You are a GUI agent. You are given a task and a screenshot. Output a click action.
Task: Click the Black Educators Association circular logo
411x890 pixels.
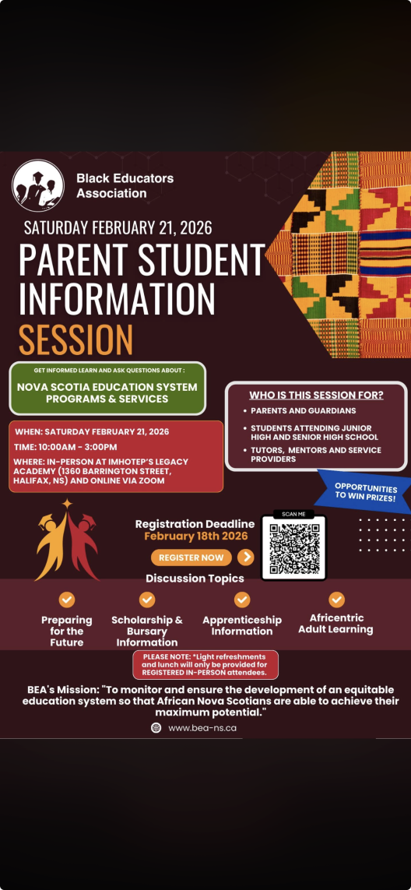[38, 186]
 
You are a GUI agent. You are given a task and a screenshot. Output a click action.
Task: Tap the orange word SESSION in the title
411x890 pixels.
[76, 339]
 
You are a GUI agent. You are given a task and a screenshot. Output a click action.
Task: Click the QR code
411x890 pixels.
[293, 547]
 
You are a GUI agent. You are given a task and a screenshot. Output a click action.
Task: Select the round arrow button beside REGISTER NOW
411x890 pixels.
[246, 557]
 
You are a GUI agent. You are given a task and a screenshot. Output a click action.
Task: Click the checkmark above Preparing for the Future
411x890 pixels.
[67, 600]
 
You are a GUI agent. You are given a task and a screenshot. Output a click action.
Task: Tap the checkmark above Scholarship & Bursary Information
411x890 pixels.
[147, 600]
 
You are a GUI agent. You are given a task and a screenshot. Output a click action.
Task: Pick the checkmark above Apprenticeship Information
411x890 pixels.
[242, 600]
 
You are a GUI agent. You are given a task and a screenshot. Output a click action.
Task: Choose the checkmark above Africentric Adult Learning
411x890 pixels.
[336, 600]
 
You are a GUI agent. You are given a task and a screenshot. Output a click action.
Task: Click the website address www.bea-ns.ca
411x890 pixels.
[202, 728]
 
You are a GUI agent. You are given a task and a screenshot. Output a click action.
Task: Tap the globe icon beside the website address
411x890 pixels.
[156, 728]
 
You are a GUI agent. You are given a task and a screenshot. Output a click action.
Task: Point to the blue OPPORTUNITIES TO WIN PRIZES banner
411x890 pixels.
[364, 491]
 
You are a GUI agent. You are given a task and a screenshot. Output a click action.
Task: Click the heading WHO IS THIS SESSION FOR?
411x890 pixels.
[316, 395]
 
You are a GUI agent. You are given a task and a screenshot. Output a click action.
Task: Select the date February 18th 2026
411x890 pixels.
[195, 536]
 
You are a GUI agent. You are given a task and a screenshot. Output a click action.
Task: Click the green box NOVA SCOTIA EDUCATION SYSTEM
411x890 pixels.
[107, 392]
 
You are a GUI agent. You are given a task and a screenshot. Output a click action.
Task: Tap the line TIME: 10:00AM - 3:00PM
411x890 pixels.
[65, 447]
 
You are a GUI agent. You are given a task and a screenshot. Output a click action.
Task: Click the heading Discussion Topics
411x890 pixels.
[195, 579]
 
